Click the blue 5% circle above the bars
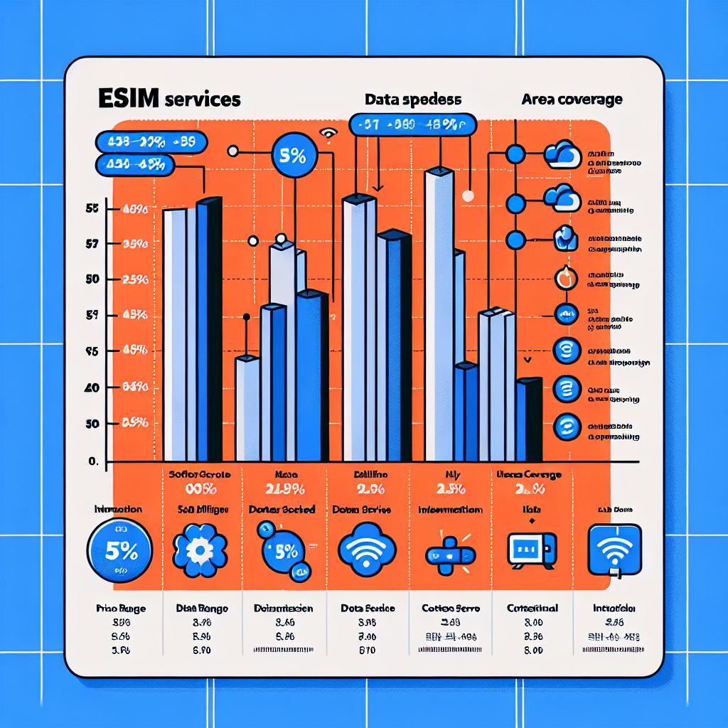point(293,157)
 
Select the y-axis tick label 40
point(92,387)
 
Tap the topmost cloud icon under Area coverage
point(562,154)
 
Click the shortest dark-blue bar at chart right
point(530,419)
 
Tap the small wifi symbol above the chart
point(328,132)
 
